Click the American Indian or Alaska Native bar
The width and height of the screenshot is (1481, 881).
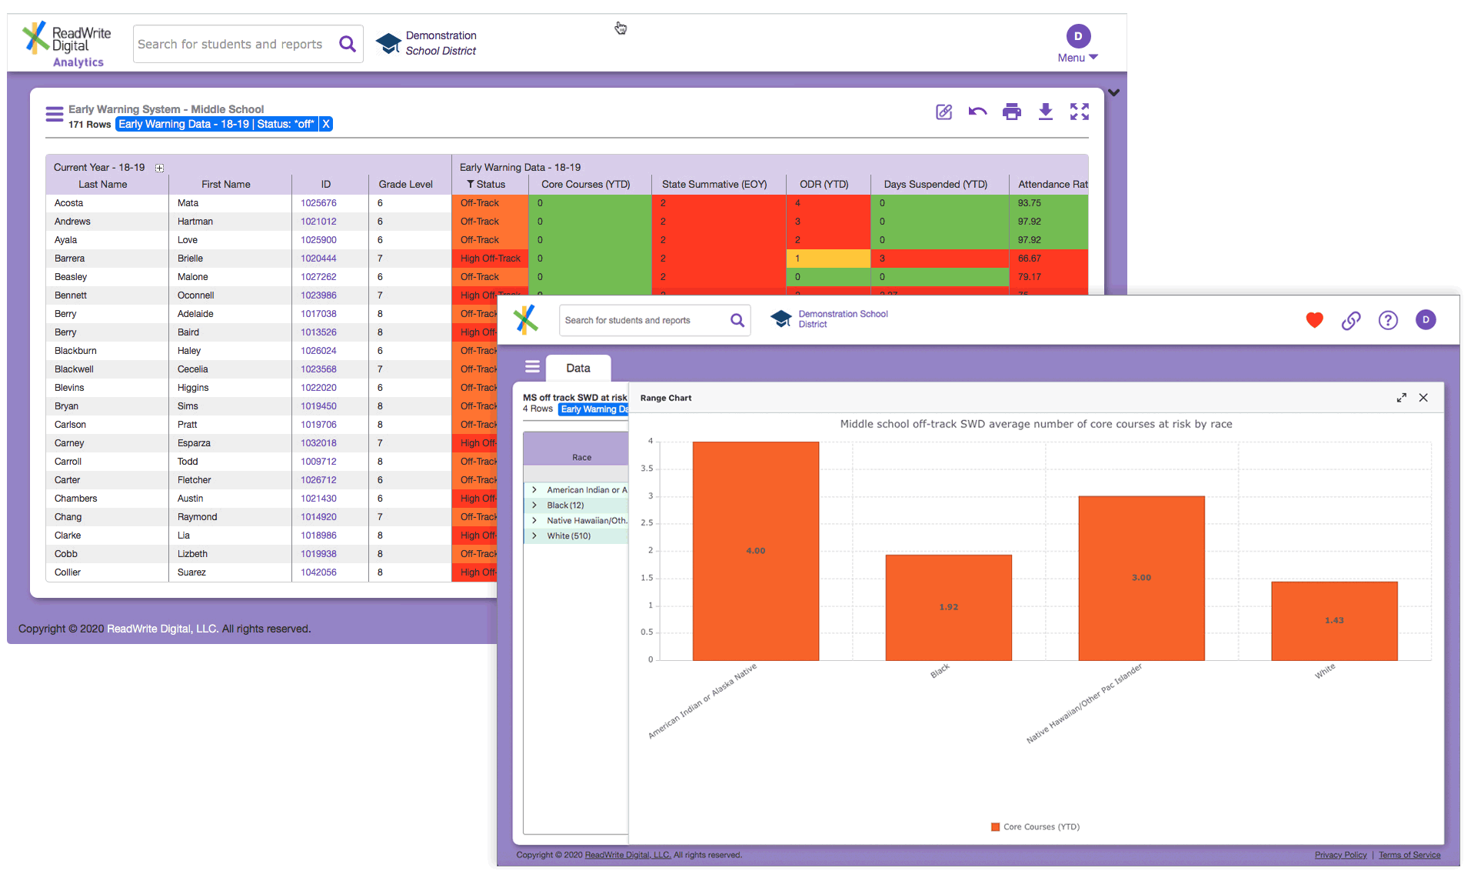[755, 550]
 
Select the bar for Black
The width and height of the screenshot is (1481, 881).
[948, 607]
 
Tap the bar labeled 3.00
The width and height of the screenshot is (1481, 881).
[1141, 578]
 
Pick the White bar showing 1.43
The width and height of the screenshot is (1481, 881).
[1334, 620]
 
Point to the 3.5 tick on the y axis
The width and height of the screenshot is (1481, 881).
[647, 469]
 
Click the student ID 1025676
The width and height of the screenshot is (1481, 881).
[318, 203]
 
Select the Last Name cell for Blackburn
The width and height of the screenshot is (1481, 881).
[75, 351]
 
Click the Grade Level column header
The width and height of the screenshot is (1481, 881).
[405, 185]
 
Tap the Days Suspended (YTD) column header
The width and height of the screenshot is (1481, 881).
[935, 185]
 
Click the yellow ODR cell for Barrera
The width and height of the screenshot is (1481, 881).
[827, 259]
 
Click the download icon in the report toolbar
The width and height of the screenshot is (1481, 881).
[1045, 112]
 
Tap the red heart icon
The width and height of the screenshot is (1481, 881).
[1314, 320]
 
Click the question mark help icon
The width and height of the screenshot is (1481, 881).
[1387, 320]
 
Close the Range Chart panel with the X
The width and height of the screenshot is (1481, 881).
[1423, 398]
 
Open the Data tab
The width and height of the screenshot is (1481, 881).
[578, 369]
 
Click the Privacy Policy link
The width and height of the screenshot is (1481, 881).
[1340, 855]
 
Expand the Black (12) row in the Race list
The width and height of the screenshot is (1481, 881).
[534, 506]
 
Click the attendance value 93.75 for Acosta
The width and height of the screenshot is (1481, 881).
[1029, 203]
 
